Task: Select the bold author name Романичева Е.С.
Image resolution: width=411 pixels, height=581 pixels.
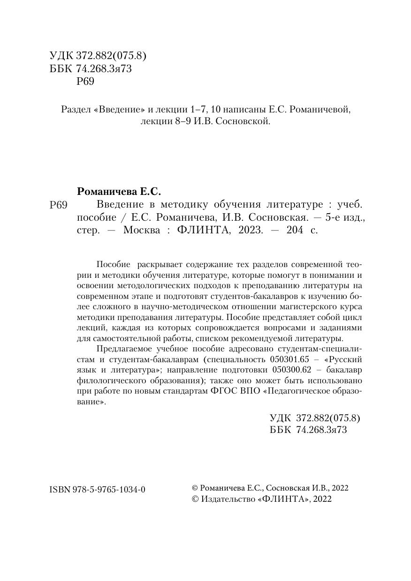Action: point(118,192)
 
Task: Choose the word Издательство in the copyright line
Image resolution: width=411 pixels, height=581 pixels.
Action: point(228,499)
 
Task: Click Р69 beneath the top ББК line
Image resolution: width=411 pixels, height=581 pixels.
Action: point(85,82)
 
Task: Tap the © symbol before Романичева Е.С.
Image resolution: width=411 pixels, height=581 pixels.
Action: point(196,488)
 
